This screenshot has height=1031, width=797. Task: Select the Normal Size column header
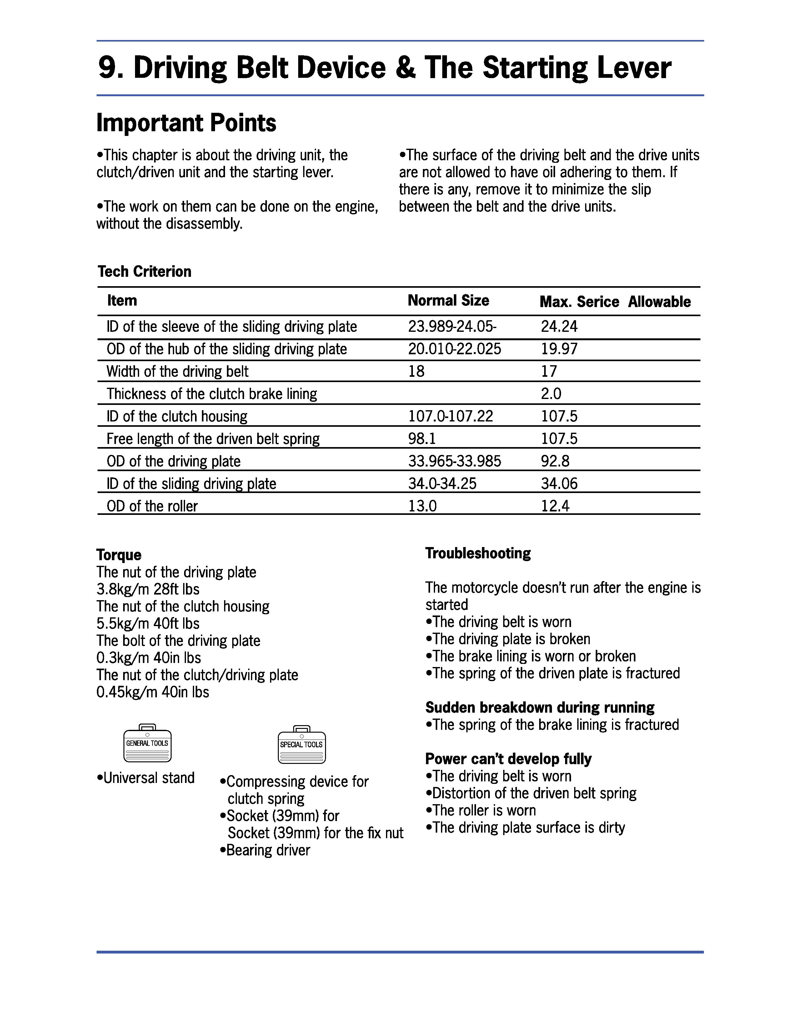pyautogui.click(x=448, y=301)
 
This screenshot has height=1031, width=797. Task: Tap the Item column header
pyautogui.click(x=122, y=301)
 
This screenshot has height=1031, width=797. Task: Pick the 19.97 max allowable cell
pyautogui.click(x=559, y=349)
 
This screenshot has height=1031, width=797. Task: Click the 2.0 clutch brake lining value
pyautogui.click(x=551, y=394)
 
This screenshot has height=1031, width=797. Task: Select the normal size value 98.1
pyautogui.click(x=422, y=439)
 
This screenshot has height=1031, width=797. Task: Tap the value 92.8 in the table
pyautogui.click(x=555, y=461)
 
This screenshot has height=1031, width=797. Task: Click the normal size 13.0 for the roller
pyautogui.click(x=422, y=506)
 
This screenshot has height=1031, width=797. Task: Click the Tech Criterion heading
pyautogui.click(x=144, y=271)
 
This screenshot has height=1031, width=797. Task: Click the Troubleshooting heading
pyautogui.click(x=478, y=553)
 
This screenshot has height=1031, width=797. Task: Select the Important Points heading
pyautogui.click(x=186, y=123)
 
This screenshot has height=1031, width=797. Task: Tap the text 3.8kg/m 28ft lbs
pyautogui.click(x=148, y=589)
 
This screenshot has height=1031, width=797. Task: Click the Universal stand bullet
pyautogui.click(x=146, y=778)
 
